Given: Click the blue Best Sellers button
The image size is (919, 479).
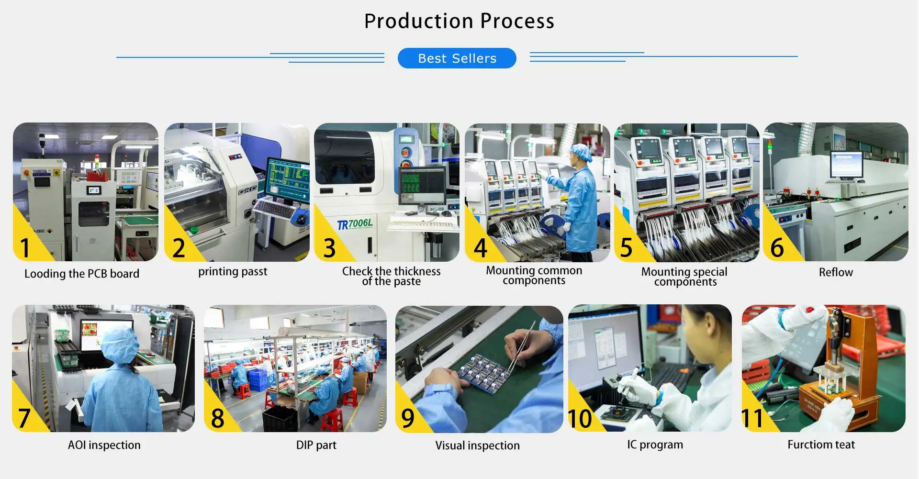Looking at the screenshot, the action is point(457,58).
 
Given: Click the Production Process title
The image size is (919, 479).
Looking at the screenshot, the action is point(459,21).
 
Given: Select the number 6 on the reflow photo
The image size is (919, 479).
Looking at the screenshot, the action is point(777,247).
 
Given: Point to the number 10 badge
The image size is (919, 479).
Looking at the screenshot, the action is point(580,418).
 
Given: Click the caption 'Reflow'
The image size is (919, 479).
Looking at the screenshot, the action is point(836,272).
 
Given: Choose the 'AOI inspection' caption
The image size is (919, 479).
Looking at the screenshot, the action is point(104,445).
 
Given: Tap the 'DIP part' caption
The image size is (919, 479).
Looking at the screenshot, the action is point(316,445).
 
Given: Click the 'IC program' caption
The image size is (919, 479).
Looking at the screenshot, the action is point(655,445).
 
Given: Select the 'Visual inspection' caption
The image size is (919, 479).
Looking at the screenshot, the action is point(477,446).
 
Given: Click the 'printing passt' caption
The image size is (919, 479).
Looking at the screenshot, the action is point(233,272).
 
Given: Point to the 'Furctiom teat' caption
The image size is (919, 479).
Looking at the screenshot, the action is point(821,445).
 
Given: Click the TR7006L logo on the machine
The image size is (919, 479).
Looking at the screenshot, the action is point(355,224).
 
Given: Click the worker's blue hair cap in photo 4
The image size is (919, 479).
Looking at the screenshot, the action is point(582,152).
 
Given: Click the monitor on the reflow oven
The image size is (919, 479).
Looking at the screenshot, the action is point(846,164).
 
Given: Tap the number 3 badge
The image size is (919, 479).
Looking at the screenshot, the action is point(329,247).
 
